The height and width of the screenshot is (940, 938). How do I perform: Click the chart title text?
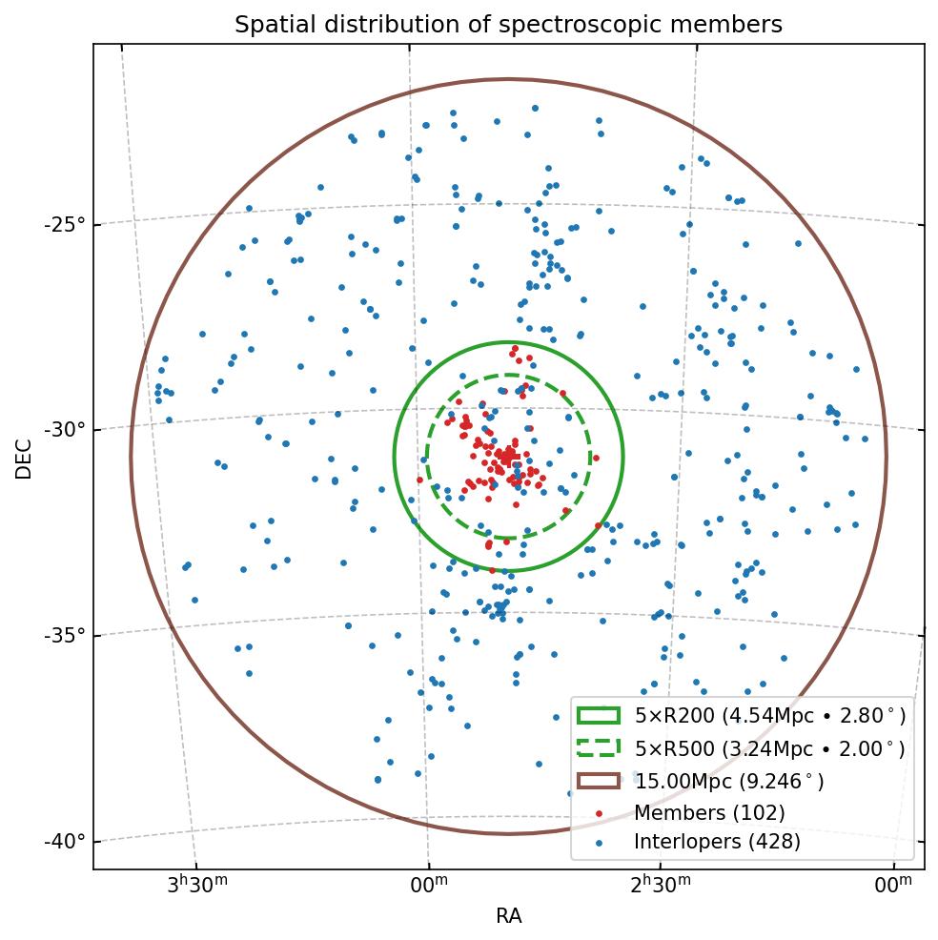[508, 25]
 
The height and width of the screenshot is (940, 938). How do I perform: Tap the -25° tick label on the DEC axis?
[65, 225]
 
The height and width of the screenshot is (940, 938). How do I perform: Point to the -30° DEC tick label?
[65, 430]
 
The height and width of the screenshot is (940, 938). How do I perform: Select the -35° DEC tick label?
[65, 636]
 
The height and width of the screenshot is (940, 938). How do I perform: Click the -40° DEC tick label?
[65, 842]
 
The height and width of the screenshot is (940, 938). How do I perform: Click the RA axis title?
[508, 916]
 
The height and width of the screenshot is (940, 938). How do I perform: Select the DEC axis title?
[24, 458]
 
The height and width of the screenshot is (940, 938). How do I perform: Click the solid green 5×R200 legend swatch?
[598, 715]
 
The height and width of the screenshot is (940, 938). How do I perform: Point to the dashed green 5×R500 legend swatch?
[598, 747]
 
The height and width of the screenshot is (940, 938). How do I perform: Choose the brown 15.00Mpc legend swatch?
[598, 780]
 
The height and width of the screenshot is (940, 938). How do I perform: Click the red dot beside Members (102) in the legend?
[598, 813]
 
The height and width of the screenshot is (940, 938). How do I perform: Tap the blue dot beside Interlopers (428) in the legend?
[598, 843]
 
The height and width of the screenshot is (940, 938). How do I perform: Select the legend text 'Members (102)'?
[709, 813]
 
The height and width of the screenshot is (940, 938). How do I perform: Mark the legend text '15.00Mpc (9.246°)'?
[729, 782]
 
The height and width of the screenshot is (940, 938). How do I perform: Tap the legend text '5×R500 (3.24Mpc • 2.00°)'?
[769, 749]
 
